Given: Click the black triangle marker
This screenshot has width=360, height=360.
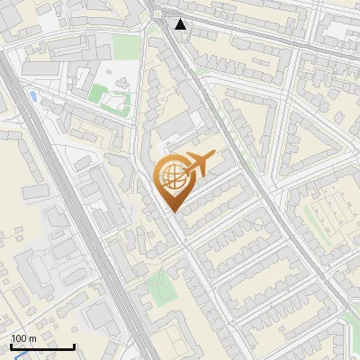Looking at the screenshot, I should tap(182, 24).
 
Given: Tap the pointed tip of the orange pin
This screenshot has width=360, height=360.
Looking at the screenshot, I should tap(171, 211).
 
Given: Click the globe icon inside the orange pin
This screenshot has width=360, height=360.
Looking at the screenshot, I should tap(171, 176).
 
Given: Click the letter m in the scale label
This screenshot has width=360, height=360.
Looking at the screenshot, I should tap(33, 338).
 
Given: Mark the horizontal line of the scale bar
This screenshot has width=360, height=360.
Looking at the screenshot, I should tap(42, 346).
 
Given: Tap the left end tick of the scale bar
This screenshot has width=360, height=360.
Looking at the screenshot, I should tap(11, 345).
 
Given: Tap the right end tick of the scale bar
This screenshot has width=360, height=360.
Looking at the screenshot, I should tap(74, 345).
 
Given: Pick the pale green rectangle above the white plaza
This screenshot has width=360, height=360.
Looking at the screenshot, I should tap(126, 47).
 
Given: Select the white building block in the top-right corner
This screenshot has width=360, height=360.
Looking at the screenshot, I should tap(340, 29).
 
